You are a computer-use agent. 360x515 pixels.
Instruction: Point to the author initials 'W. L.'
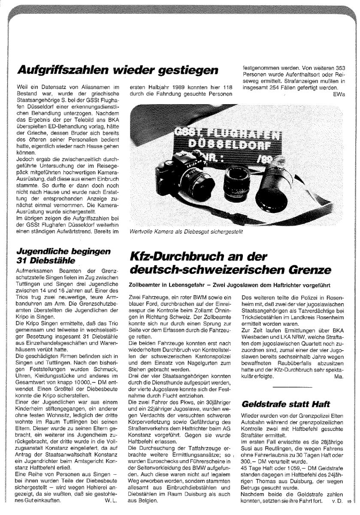tap(111, 499)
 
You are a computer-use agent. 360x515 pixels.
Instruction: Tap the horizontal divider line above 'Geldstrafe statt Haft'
tap(289, 387)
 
